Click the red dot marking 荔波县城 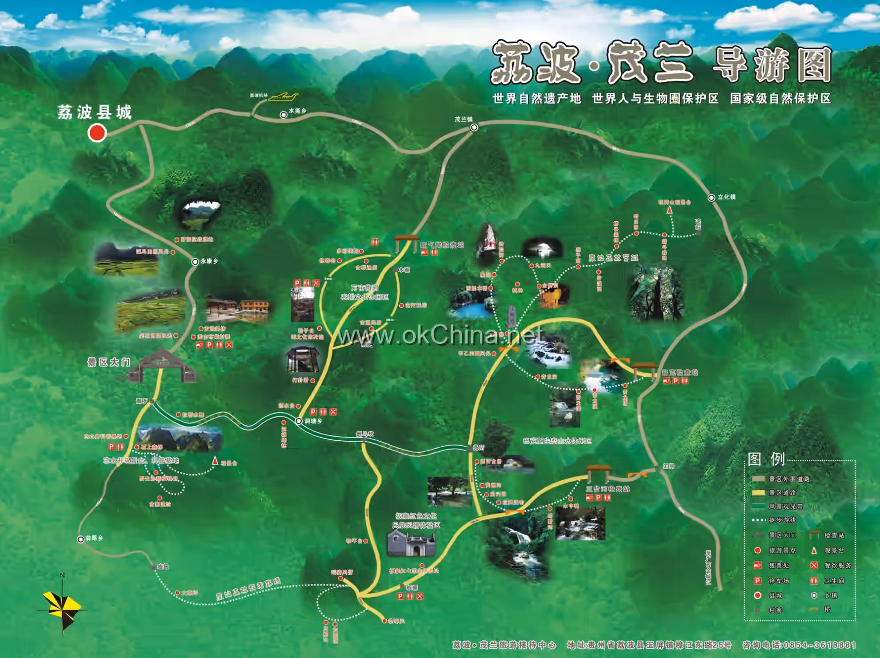(97, 132)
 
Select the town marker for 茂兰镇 (474, 128)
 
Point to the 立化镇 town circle (711, 197)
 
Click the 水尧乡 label (297, 111)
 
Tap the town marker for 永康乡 (195, 262)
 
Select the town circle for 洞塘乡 (299, 421)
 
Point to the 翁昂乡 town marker (80, 539)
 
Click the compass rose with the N (62, 606)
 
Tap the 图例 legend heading (766, 459)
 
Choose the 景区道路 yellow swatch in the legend (758, 492)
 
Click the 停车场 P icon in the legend (758, 581)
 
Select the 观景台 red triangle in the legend (814, 550)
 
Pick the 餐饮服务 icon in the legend (814, 566)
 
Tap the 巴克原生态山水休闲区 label (557, 441)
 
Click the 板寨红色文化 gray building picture (411, 544)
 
